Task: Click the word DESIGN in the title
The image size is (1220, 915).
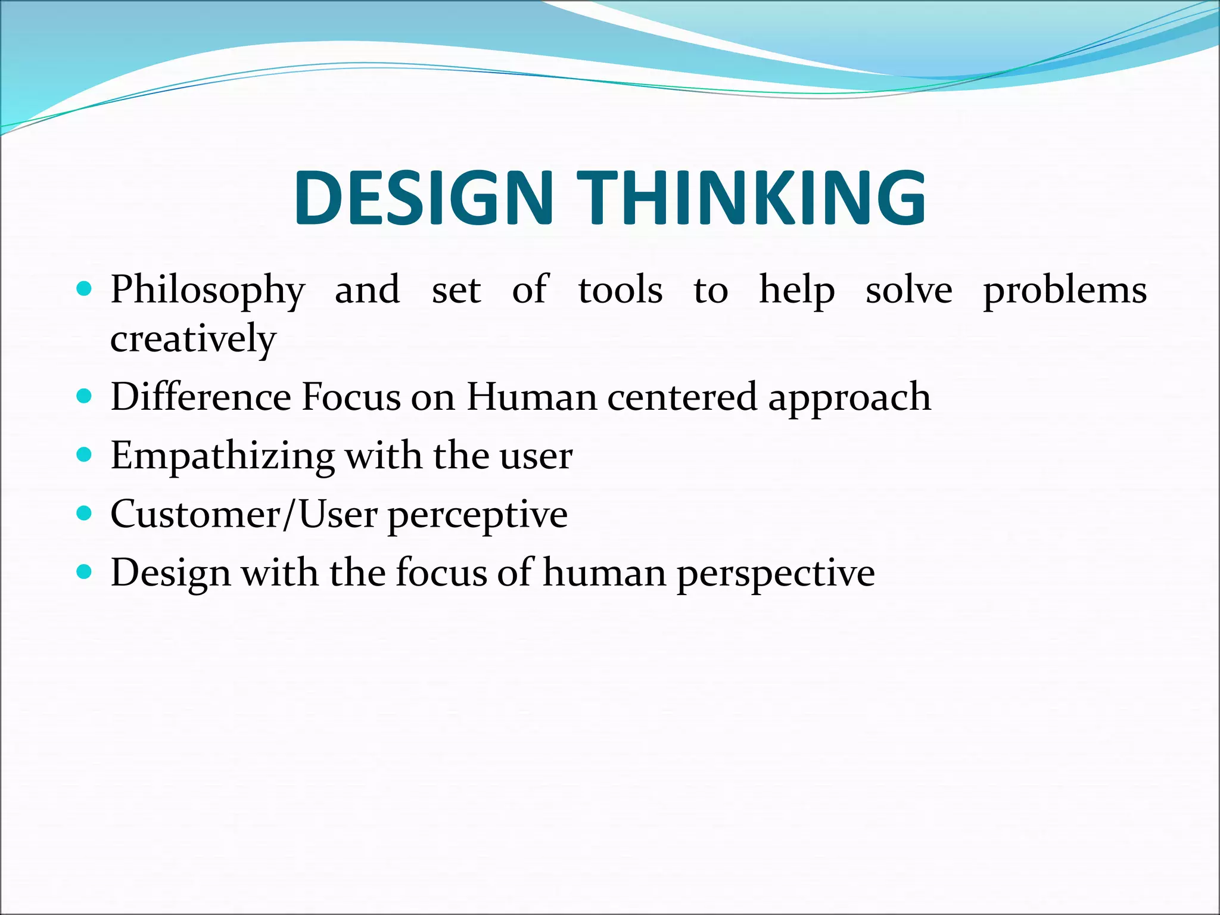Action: [x=424, y=198]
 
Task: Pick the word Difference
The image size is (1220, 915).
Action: [x=201, y=397]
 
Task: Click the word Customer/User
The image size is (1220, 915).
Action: [x=244, y=514]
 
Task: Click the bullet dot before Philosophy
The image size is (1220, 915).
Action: [x=85, y=290]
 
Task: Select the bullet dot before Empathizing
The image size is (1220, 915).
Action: [x=85, y=455]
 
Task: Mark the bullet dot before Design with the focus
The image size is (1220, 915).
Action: [x=85, y=572]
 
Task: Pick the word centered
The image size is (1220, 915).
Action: [x=682, y=397]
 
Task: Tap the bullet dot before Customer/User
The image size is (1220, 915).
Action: [x=85, y=513]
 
